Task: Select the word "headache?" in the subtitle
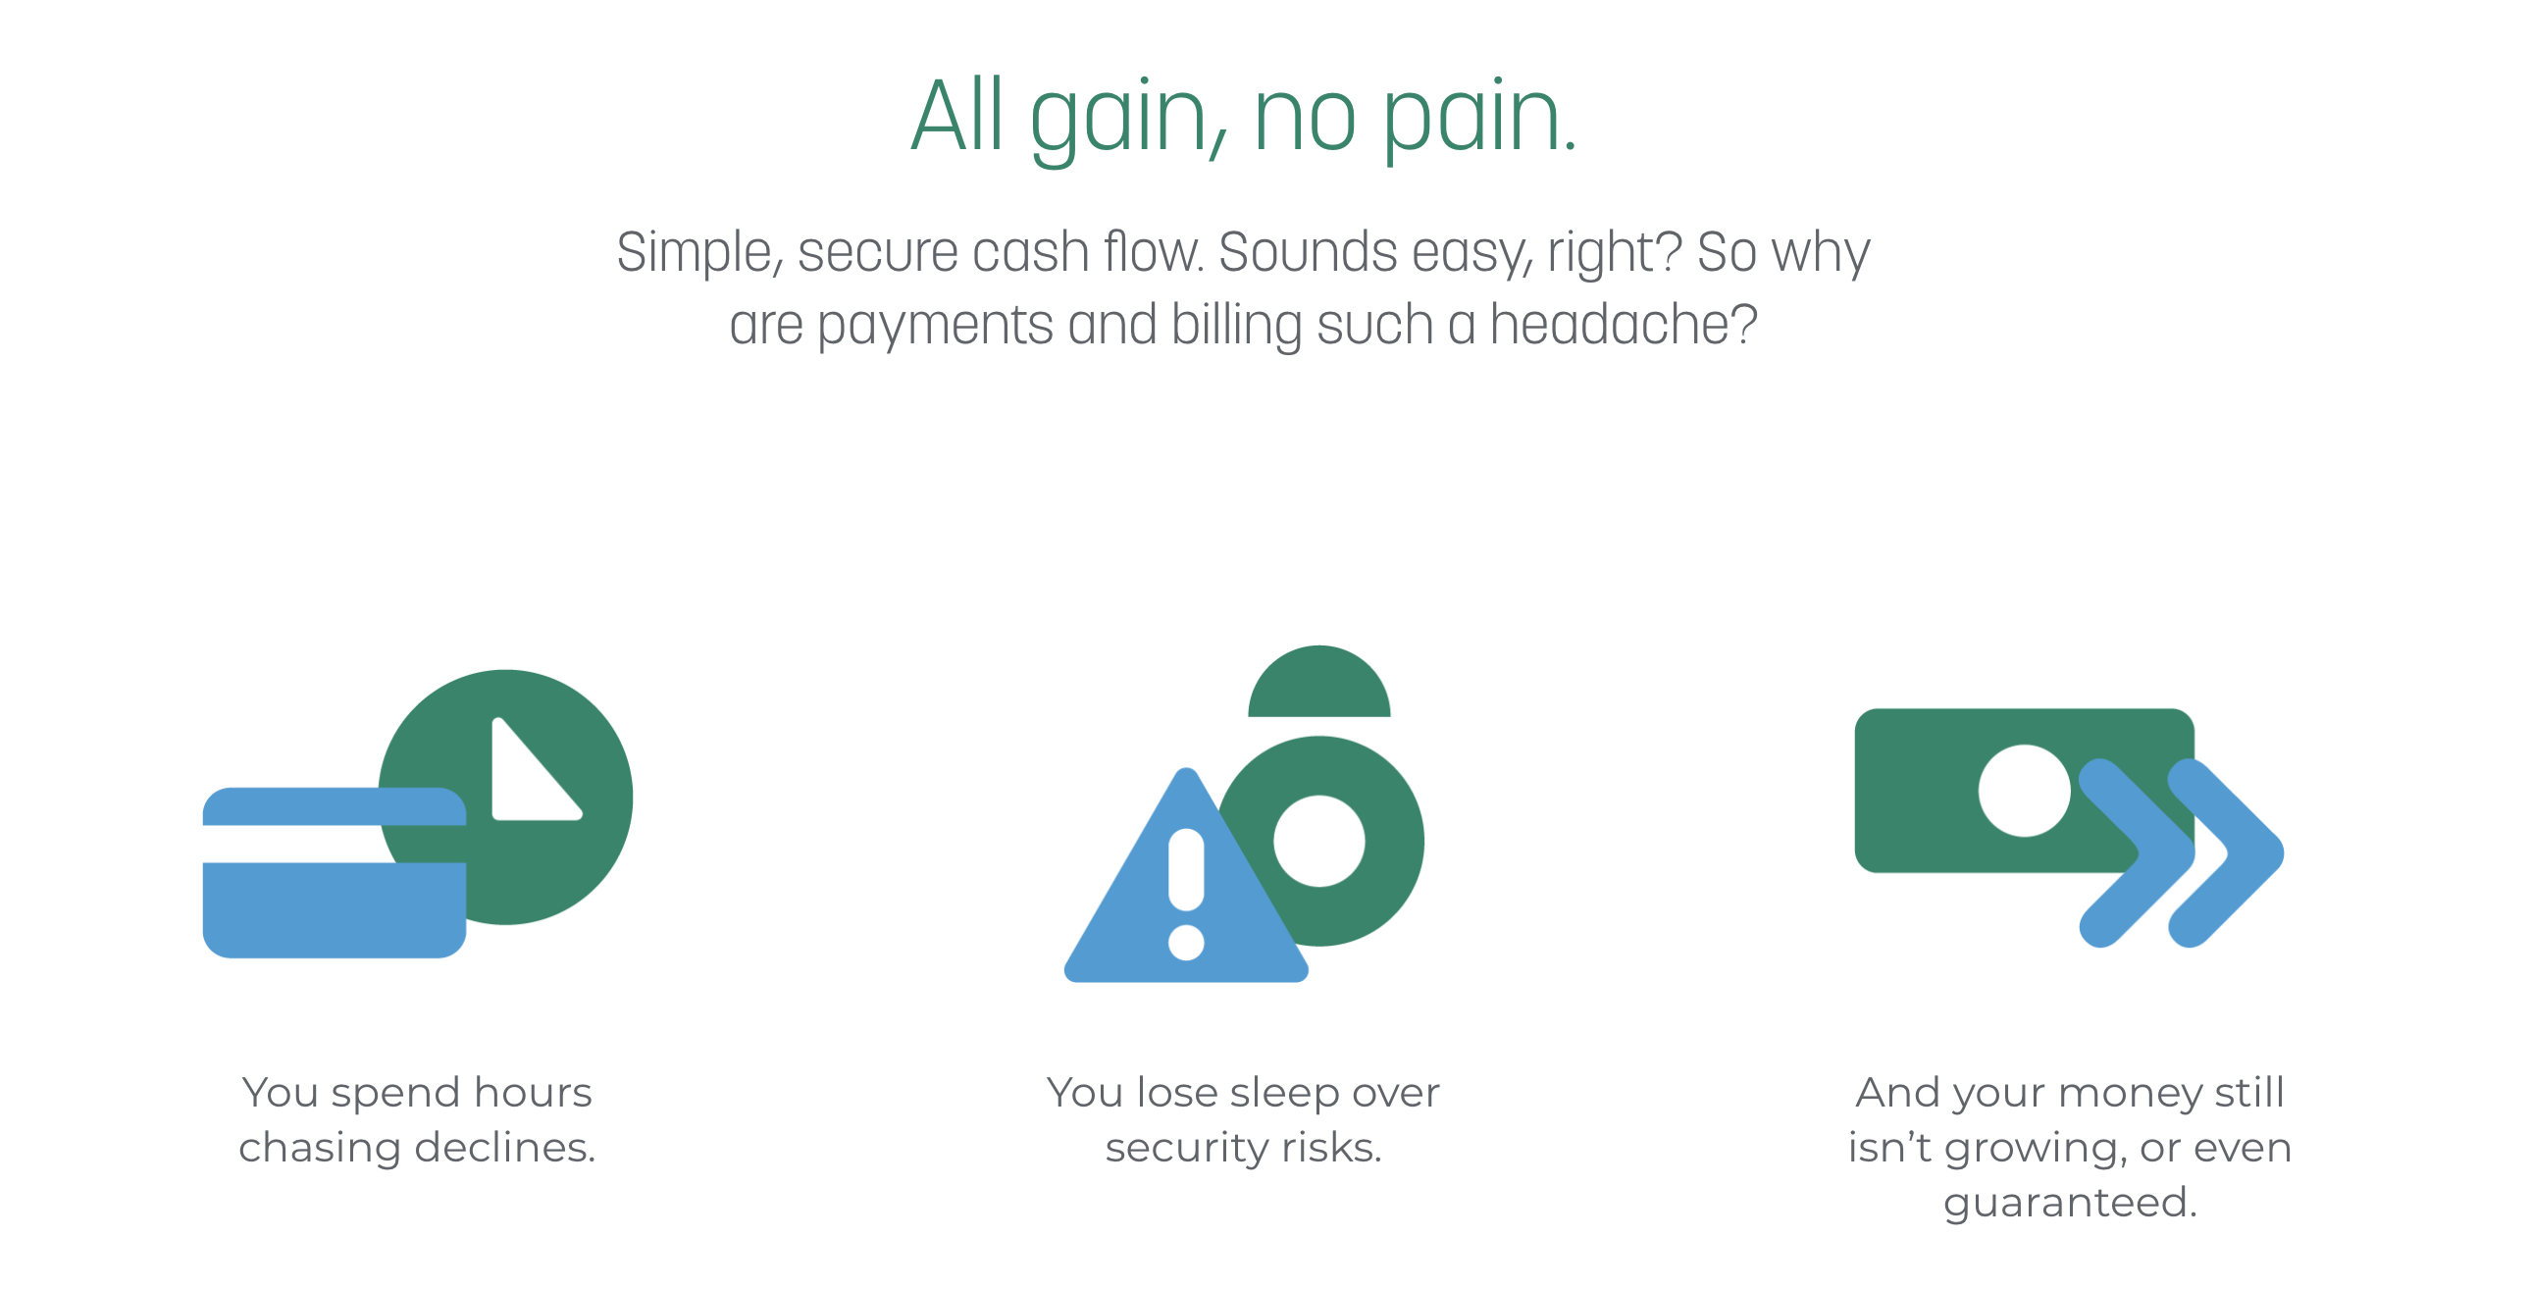(1624, 325)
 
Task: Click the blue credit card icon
(334, 872)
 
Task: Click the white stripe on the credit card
(334, 844)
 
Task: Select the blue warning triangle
(1186, 876)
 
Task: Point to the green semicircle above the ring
(1319, 682)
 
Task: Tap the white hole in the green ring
(1319, 842)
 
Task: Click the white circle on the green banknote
(2025, 791)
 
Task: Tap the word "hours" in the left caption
(534, 1093)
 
